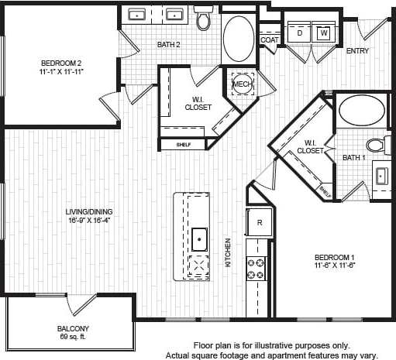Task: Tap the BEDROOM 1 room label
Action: coord(334,257)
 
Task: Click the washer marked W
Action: coord(323,34)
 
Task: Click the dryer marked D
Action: coord(299,34)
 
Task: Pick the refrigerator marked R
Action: coord(260,221)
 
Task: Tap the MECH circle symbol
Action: coord(241,83)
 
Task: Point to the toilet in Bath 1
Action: coord(376,144)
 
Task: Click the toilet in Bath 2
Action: coord(204,19)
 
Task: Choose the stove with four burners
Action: coord(257,268)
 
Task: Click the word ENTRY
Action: coord(356,52)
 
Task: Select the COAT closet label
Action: coord(269,39)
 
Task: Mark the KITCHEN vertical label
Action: coord(228,252)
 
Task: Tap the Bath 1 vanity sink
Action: coord(382,175)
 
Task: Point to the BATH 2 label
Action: coord(169,45)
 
